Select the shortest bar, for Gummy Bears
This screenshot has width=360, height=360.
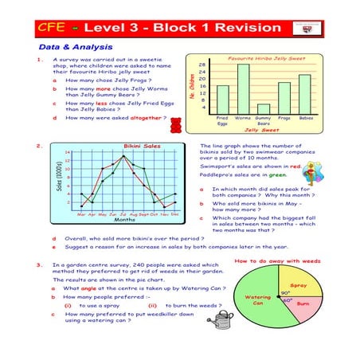pos(264,108)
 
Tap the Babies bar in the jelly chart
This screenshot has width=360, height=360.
pos(304,94)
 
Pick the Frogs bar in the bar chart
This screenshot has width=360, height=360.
pos(284,98)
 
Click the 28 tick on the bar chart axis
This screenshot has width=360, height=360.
pos(203,65)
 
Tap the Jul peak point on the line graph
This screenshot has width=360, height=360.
pos(122,156)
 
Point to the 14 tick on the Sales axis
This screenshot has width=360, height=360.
pos(68,152)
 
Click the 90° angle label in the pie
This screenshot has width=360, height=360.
pos(285,292)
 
